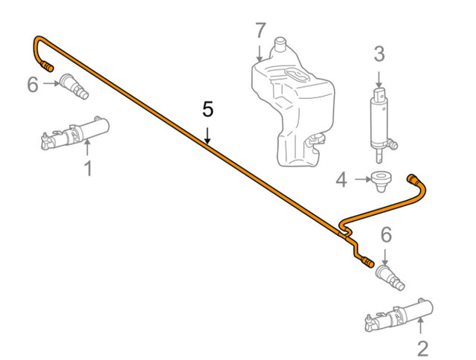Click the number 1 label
87,169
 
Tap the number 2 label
422,347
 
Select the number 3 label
379,54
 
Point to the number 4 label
341,179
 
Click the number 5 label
208,110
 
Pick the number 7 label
260,31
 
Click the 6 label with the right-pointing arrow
32,84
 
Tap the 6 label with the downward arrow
385,234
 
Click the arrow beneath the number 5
208,135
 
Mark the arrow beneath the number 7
260,53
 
